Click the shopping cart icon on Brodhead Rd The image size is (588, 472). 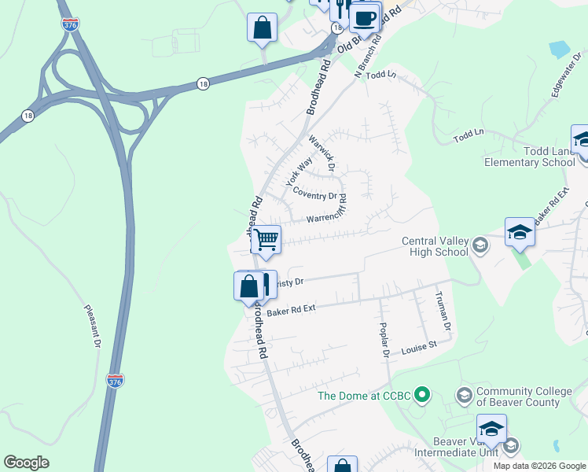[266, 239]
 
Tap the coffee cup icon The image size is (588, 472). [363, 17]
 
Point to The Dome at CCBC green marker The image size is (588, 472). [422, 394]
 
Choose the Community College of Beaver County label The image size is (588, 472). [518, 396]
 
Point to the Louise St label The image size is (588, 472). [419, 346]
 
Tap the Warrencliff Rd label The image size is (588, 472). [327, 215]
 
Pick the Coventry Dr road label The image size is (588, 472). [314, 193]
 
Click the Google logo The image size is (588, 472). [26, 463]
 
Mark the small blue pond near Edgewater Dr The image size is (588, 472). [559, 49]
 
